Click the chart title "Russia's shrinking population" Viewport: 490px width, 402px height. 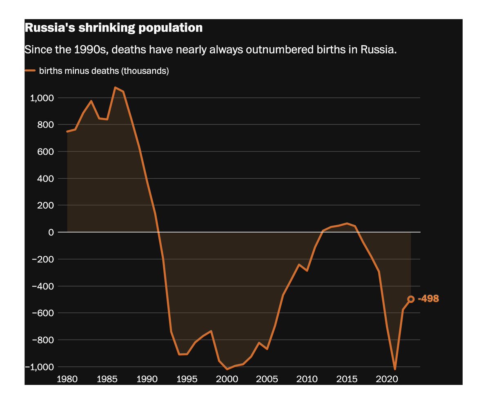click(x=114, y=28)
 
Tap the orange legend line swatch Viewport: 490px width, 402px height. click(x=30, y=71)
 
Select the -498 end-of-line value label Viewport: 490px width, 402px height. click(x=428, y=299)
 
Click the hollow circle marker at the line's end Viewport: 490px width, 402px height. click(x=411, y=299)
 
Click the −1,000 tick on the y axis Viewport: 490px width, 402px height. click(x=40, y=367)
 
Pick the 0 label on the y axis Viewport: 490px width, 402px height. click(x=51, y=232)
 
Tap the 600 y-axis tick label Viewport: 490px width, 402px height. click(x=46, y=151)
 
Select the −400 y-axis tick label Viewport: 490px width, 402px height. click(x=43, y=286)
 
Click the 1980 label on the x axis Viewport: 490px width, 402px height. click(x=67, y=379)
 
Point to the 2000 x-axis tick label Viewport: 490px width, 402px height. click(x=227, y=379)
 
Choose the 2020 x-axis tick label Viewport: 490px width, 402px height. click(x=386, y=379)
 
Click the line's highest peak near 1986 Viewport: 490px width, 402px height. click(x=115, y=87)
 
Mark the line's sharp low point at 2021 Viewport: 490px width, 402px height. click(x=395, y=369)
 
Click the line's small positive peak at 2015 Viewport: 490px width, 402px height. click(x=347, y=223)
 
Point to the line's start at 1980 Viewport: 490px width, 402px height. click(x=67, y=131)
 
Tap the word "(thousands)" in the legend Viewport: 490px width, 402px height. click(x=146, y=71)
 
